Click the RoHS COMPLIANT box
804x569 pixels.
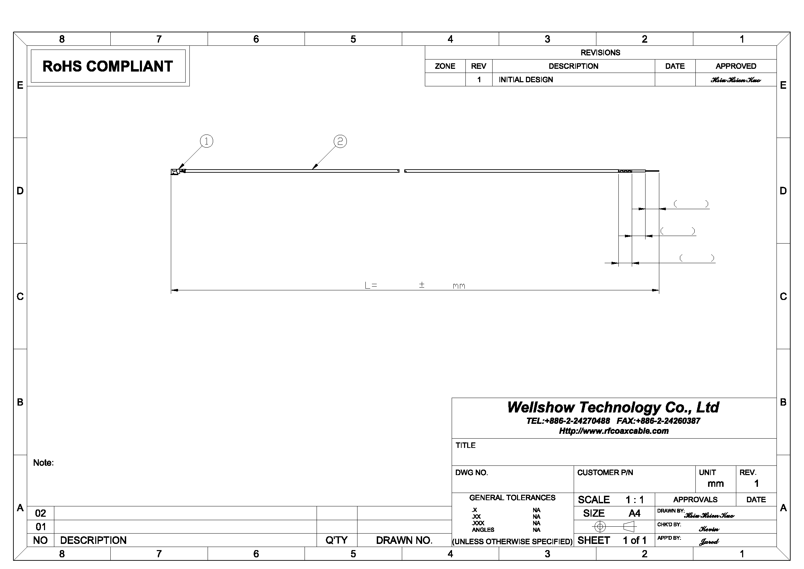pos(108,66)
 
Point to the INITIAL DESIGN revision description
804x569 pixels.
pos(526,79)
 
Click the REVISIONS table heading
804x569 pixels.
pos(600,53)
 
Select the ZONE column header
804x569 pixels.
pos(445,66)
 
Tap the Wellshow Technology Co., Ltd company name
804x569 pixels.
pos(613,407)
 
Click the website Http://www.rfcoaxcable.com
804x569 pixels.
pos(614,431)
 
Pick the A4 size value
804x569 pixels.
pos(634,513)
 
